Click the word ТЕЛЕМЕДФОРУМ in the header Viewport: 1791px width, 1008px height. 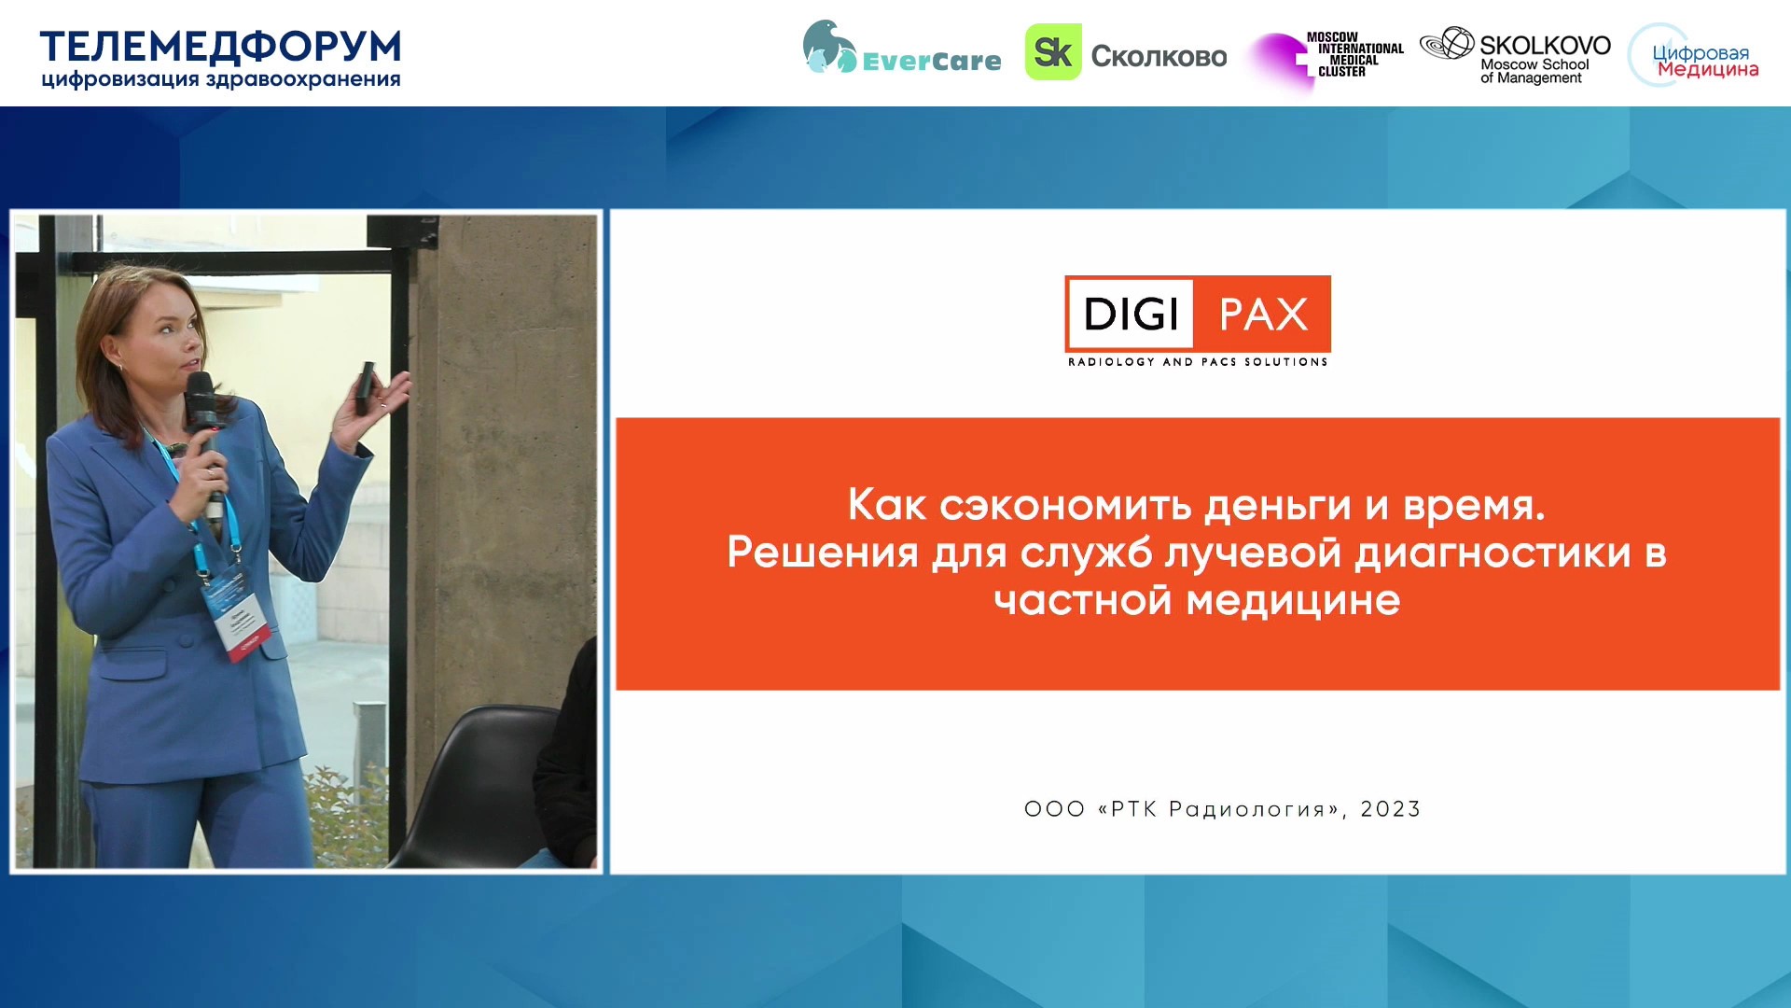pyautogui.click(x=220, y=46)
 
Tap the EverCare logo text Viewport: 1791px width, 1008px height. pyautogui.click(x=931, y=62)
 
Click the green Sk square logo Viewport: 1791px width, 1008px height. pyautogui.click(x=1053, y=52)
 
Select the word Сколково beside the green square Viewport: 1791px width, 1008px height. pyautogui.click(x=1159, y=57)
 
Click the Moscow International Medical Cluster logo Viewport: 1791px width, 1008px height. pyautogui.click(x=1327, y=58)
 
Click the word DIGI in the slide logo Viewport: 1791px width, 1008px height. pyautogui.click(x=1131, y=315)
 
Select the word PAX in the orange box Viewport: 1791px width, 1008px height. pyautogui.click(x=1264, y=315)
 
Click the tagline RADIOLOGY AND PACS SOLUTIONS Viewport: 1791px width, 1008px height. pyautogui.click(x=1198, y=362)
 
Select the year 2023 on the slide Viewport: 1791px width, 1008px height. pyautogui.click(x=1390, y=809)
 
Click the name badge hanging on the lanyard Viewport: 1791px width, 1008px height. pyautogui.click(x=238, y=615)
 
